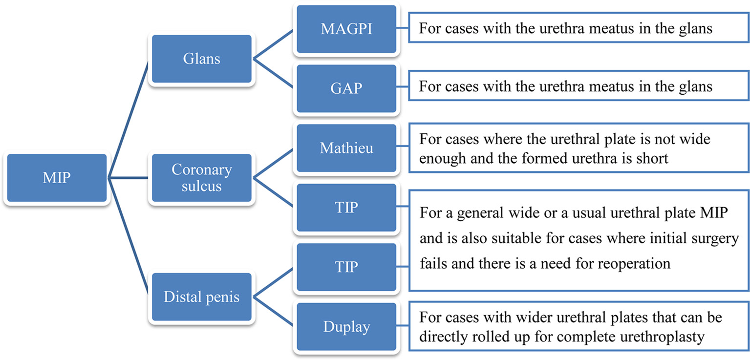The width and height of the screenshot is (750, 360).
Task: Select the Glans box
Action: pyautogui.click(x=201, y=59)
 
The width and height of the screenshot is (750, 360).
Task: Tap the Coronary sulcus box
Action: pyautogui.click(x=201, y=178)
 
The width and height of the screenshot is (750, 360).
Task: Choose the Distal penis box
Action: pyautogui.click(x=201, y=297)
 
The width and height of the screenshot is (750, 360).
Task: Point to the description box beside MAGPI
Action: pyautogui.click(x=579, y=29)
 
